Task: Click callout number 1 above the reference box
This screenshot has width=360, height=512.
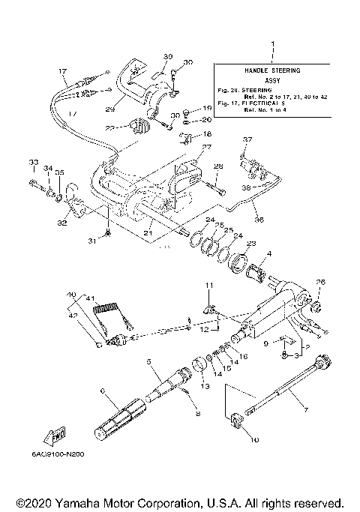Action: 273,44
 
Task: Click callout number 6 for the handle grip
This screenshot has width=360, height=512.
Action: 102,391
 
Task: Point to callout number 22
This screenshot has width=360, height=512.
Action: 111,130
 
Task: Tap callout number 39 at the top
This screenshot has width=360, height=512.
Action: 167,56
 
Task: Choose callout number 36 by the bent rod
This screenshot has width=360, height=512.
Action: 259,220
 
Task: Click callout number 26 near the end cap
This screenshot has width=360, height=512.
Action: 320,282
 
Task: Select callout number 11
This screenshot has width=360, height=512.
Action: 211,286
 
